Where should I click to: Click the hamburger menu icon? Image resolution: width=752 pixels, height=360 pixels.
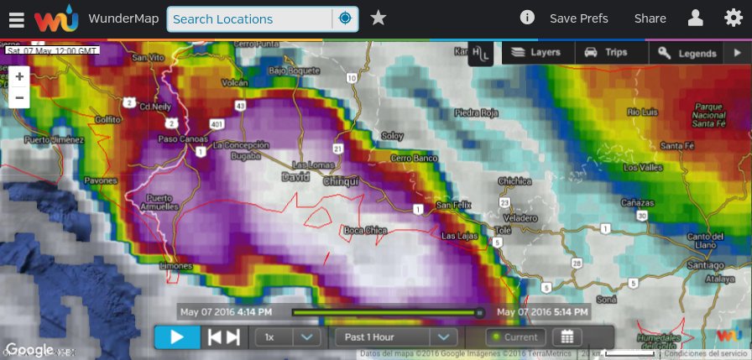17,18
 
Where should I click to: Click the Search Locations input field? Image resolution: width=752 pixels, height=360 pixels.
250,18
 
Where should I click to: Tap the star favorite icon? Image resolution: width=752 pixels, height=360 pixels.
379,18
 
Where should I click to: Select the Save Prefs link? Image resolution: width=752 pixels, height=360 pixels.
578,18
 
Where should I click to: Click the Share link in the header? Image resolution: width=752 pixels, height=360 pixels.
650,18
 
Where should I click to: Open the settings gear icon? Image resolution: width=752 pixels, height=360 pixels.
733,18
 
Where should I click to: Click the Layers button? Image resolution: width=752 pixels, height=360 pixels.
535,52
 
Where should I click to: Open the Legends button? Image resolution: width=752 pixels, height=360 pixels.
687,53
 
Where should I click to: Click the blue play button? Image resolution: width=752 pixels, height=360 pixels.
177,337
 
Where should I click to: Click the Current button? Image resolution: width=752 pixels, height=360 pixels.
515,337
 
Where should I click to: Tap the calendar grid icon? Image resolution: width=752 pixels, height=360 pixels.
567,337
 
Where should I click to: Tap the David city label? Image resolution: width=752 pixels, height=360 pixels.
295,178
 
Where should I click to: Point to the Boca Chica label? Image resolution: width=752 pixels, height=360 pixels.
365,230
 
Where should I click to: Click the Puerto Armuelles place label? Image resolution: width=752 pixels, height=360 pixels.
154,203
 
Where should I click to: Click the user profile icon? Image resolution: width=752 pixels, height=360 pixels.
695,18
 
